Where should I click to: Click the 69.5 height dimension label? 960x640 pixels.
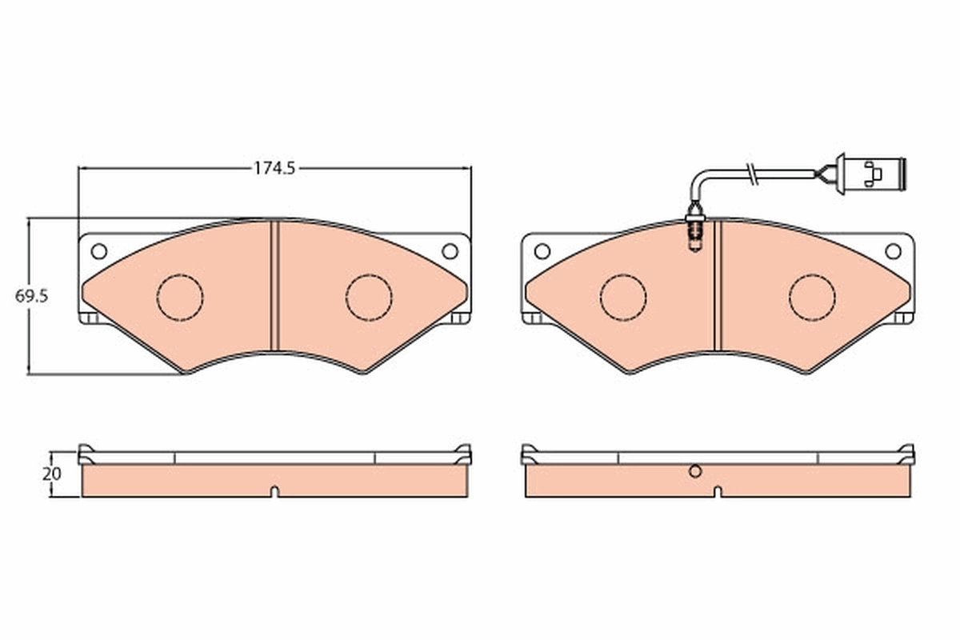click(32, 295)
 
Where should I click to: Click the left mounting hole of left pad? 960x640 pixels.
click(98, 251)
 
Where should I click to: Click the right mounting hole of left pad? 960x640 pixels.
click(450, 251)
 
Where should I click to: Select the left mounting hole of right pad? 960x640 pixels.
click(542, 251)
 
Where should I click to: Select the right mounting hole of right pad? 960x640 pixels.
click(893, 251)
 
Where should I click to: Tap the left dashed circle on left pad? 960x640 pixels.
click(180, 298)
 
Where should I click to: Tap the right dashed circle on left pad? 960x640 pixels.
click(369, 298)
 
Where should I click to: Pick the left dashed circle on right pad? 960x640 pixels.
click(623, 298)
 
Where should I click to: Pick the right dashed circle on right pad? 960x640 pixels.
click(812, 298)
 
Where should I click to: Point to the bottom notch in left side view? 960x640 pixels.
click(274, 491)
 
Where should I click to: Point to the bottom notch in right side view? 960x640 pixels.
click(718, 491)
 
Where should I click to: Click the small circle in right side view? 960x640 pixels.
click(695, 471)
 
